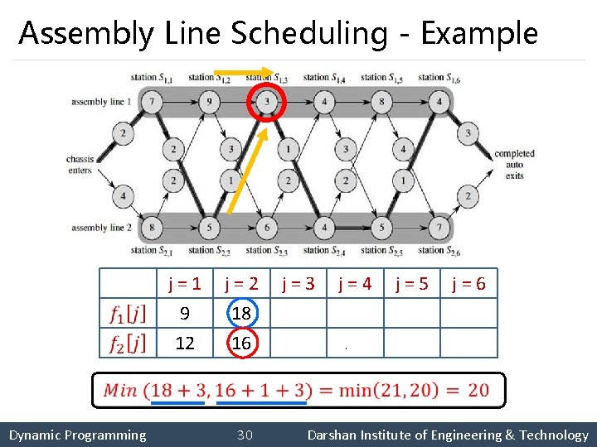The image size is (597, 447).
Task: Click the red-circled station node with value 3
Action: [267, 103]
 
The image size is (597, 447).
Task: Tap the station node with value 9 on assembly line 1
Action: [209, 103]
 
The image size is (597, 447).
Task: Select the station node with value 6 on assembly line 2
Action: [267, 227]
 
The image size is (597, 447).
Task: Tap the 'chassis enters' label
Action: [80, 165]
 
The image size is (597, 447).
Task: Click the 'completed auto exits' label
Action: [514, 165]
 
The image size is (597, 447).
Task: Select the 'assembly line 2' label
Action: [101, 228]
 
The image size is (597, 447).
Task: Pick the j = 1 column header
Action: [184, 285]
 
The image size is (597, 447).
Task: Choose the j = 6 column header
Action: [468, 285]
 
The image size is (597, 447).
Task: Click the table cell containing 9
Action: [184, 314]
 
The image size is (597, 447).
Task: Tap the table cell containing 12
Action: [184, 343]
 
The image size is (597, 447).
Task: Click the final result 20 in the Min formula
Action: [477, 390]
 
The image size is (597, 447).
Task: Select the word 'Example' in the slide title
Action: [478, 33]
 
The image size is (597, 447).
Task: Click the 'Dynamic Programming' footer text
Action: [77, 435]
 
